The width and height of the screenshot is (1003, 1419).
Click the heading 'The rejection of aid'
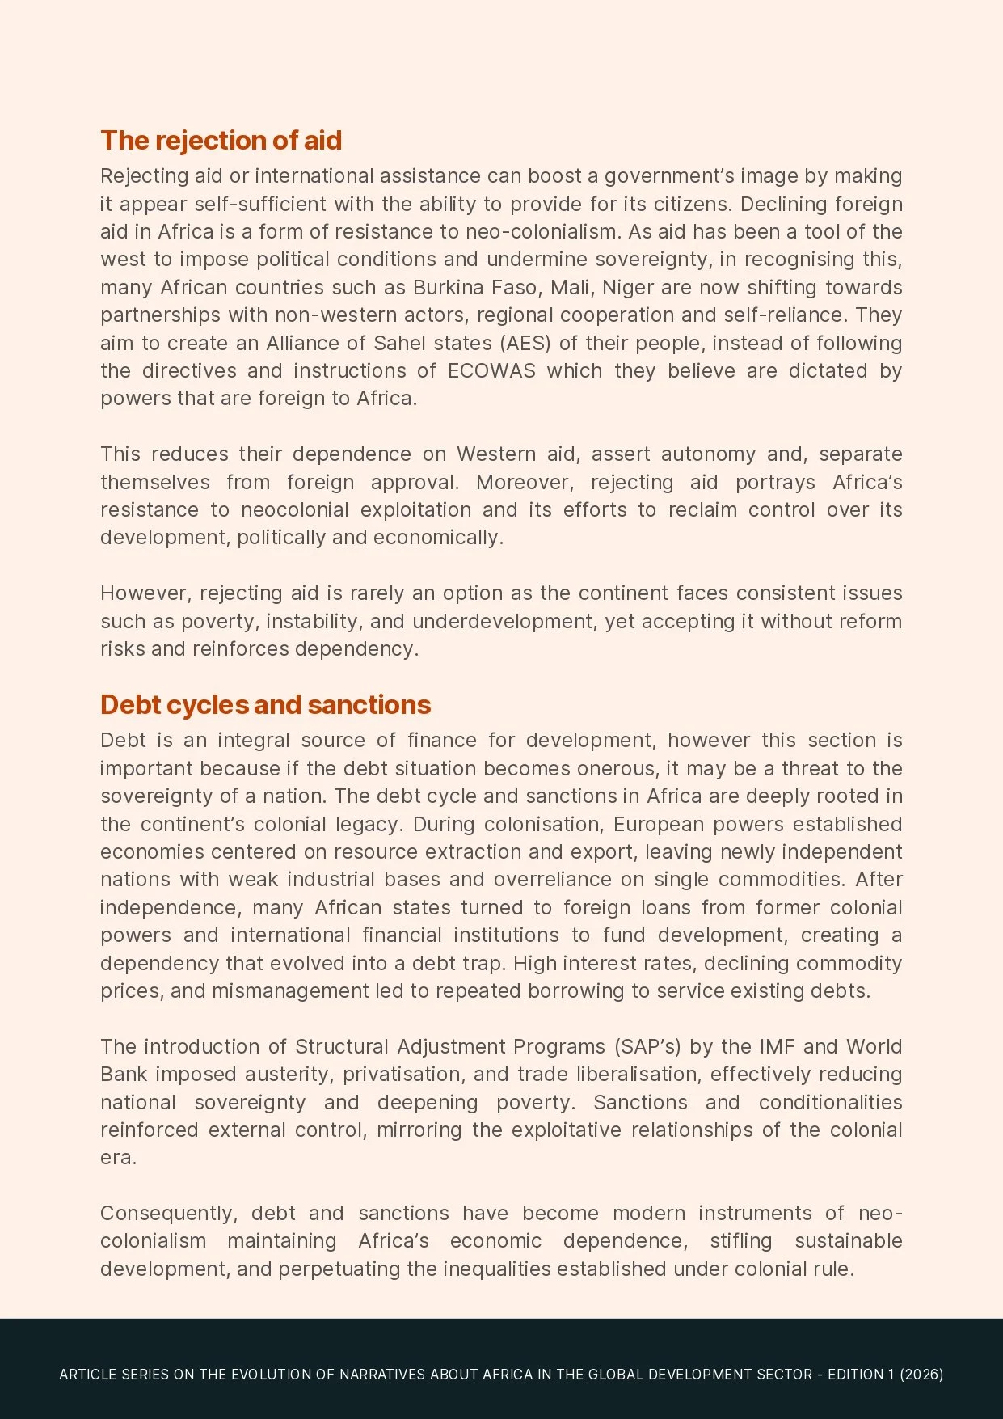click(x=221, y=141)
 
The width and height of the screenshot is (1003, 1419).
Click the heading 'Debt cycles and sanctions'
click(x=265, y=705)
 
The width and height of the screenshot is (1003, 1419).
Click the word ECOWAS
click(x=491, y=371)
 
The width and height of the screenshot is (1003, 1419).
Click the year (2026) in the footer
click(x=921, y=1375)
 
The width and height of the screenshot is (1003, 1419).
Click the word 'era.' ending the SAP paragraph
click(x=119, y=1158)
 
